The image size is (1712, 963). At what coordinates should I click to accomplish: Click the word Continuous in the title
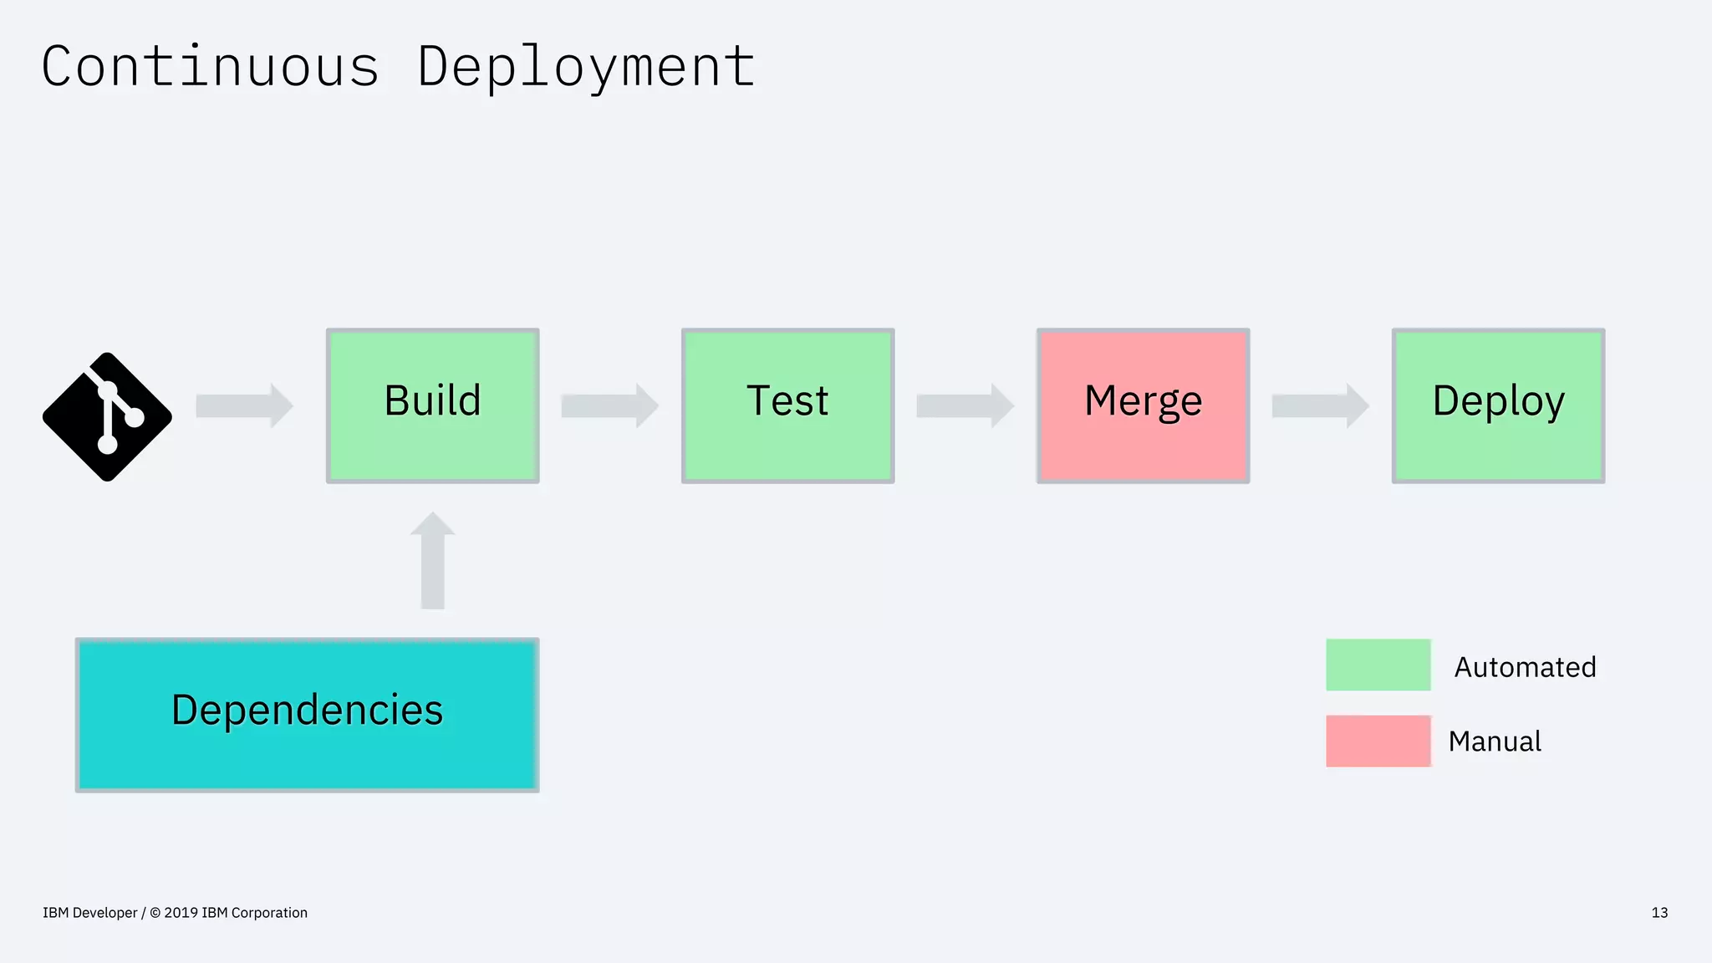pyautogui.click(x=211, y=67)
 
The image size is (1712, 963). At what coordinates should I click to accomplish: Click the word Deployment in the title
pyautogui.click(x=586, y=67)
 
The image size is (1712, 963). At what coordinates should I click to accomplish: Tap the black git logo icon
pyautogui.click(x=107, y=416)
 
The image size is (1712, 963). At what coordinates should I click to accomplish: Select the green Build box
pyautogui.click(x=432, y=405)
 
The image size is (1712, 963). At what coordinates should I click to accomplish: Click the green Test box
pyautogui.click(x=787, y=405)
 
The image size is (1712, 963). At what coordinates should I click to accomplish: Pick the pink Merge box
pyautogui.click(x=1143, y=405)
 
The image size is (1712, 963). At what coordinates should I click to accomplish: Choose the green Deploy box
pyautogui.click(x=1498, y=405)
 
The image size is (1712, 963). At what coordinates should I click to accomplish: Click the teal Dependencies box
pyautogui.click(x=307, y=715)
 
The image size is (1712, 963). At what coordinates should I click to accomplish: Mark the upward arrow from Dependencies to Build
pyautogui.click(x=432, y=561)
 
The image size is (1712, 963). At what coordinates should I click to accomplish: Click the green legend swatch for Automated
pyautogui.click(x=1378, y=665)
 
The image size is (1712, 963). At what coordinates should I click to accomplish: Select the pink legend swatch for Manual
pyautogui.click(x=1378, y=741)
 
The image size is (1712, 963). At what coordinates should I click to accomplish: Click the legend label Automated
pyautogui.click(x=1525, y=667)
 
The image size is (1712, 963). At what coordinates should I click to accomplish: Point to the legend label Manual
pyautogui.click(x=1495, y=741)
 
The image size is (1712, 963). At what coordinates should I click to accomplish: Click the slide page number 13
pyautogui.click(x=1659, y=913)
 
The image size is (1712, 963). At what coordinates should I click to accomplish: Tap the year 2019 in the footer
pyautogui.click(x=181, y=913)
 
